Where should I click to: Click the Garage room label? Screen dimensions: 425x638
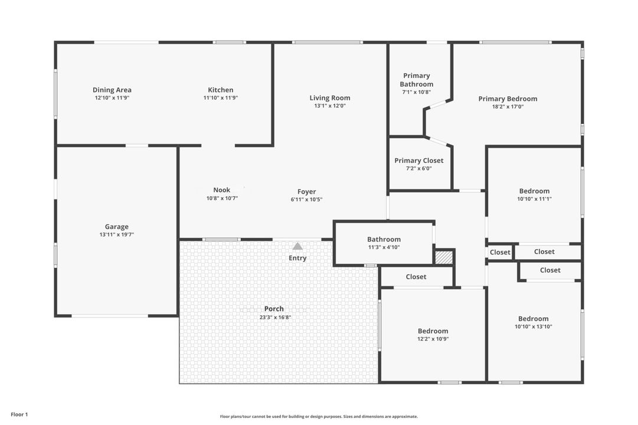point(117,227)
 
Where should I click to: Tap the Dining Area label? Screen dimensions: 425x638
point(112,90)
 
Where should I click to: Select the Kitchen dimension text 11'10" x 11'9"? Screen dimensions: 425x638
point(220,98)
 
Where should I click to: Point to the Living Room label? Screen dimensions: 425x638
point(330,98)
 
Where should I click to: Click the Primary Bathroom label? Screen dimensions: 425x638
point(417,80)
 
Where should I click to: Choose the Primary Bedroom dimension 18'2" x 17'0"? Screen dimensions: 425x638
point(508,107)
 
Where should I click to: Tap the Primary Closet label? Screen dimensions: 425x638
point(419,161)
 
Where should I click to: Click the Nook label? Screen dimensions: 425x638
point(222,190)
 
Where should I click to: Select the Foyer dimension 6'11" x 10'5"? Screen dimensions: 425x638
point(306,200)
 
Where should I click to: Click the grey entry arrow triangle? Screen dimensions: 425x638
point(298,246)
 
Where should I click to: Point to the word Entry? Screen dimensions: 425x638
point(297,258)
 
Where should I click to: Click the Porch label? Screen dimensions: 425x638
point(274,309)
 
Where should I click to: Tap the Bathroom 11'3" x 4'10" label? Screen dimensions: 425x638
point(384,240)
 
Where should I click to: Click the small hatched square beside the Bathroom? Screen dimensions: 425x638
point(443,257)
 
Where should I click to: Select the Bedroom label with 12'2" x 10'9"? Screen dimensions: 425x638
point(433,331)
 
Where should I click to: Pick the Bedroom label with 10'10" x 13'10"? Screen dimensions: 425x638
point(533,319)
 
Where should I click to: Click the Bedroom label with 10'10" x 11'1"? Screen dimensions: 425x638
point(534,191)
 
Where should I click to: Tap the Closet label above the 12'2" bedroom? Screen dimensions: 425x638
point(416,277)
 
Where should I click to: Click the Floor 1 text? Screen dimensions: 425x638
point(19,414)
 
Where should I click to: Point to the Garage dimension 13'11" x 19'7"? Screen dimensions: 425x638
point(117,235)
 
